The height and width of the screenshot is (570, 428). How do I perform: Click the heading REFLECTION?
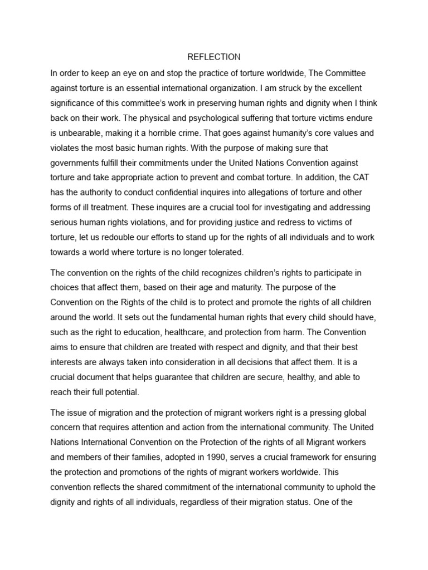tap(214, 57)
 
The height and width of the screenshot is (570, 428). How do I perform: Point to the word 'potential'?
tap(119, 391)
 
